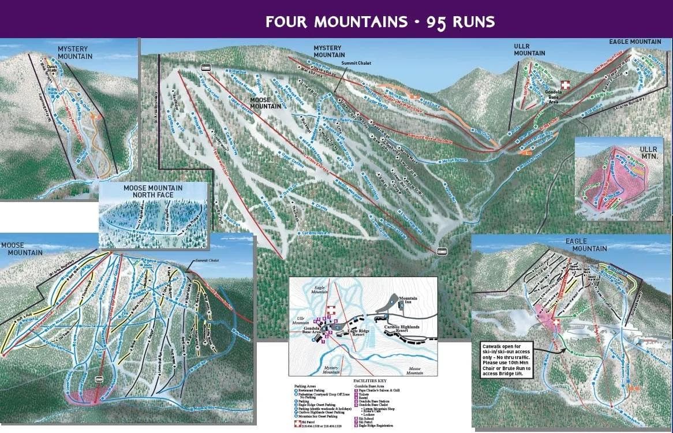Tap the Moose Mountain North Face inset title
tap(153, 192)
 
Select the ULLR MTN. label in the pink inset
tap(648, 152)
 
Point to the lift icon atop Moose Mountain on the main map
tap(205, 68)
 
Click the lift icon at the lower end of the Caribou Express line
tap(442, 251)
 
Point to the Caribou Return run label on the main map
tap(317, 233)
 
